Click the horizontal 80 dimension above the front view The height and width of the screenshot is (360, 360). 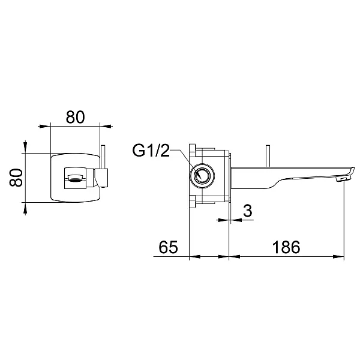(x=76, y=117)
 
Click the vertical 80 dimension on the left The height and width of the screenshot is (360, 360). (x=16, y=178)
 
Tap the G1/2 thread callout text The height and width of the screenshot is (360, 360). (x=151, y=151)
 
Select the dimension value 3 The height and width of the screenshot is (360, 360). (x=247, y=211)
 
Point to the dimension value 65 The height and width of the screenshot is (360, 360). (x=168, y=247)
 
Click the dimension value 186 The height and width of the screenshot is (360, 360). (x=286, y=247)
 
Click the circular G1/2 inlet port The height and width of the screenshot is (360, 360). (x=202, y=176)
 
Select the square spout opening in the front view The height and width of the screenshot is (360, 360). (x=76, y=178)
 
